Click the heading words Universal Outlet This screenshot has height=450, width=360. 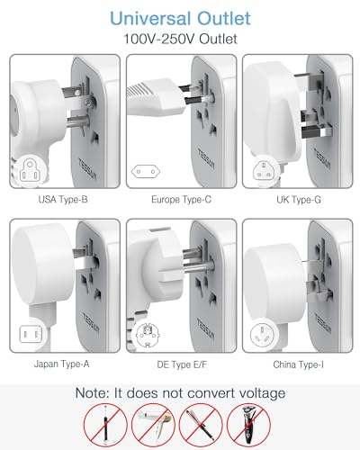(x=180, y=17)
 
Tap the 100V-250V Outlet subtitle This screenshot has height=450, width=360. (x=180, y=40)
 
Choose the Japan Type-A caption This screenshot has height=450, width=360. (x=61, y=364)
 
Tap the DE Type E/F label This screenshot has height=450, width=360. (x=180, y=364)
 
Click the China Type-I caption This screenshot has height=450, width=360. (x=297, y=364)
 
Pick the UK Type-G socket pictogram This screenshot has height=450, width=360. (x=266, y=168)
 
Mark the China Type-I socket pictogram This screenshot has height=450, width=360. (x=266, y=335)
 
